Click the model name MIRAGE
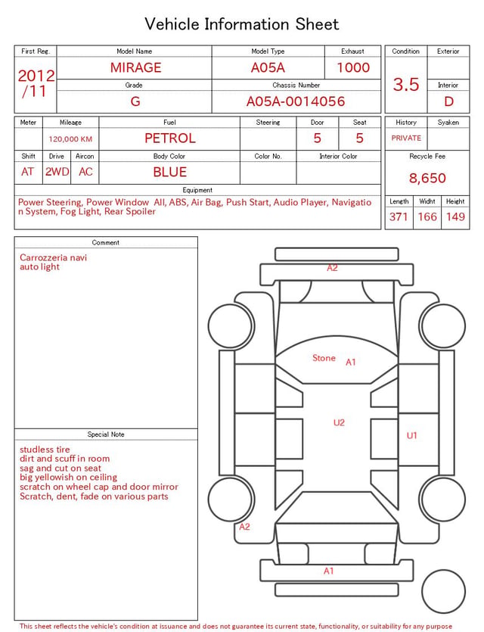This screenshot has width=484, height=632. tap(135, 67)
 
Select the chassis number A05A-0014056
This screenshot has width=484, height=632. tap(296, 101)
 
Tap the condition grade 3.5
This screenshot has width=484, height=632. tap(406, 84)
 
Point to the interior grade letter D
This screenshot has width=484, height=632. tap(448, 101)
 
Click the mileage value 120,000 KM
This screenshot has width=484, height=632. tap(70, 139)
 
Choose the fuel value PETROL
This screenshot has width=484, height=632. tap(170, 139)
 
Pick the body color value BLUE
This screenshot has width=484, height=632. tap(170, 172)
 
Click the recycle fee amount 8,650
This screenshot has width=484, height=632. tap(427, 178)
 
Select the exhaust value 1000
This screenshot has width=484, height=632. tap(353, 67)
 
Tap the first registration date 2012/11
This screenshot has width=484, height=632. tap(36, 83)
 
